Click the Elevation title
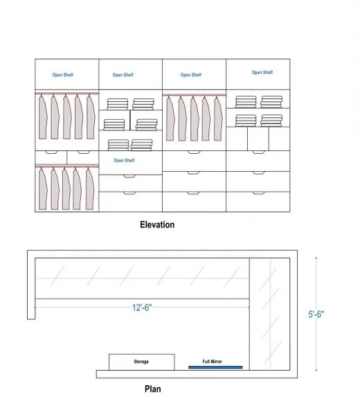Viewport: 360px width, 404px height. click(157, 225)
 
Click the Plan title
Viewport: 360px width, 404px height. click(152, 389)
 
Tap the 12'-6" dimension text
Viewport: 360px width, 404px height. click(142, 308)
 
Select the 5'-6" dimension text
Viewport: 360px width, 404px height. click(316, 314)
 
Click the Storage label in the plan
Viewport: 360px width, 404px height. click(141, 362)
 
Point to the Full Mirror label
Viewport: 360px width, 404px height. click(212, 362)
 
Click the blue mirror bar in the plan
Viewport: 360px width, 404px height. click(215, 367)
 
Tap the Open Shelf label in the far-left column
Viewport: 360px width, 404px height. click(63, 75)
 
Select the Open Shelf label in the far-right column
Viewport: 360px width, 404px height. click(262, 72)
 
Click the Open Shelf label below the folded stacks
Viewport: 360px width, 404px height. click(124, 160)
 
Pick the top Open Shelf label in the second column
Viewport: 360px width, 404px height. click(123, 75)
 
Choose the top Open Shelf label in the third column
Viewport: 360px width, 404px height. click(191, 75)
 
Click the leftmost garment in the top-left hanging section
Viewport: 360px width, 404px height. click(43, 117)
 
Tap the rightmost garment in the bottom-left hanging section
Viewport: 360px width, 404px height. click(90, 189)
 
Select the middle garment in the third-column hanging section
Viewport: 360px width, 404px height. click(195, 118)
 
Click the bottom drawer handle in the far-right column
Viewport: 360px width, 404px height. click(258, 193)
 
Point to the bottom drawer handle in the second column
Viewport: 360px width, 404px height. click(129, 193)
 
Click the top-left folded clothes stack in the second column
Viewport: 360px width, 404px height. click(117, 104)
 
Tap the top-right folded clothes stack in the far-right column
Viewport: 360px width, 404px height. click(271, 102)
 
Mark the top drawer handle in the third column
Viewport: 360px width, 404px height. click(194, 152)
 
